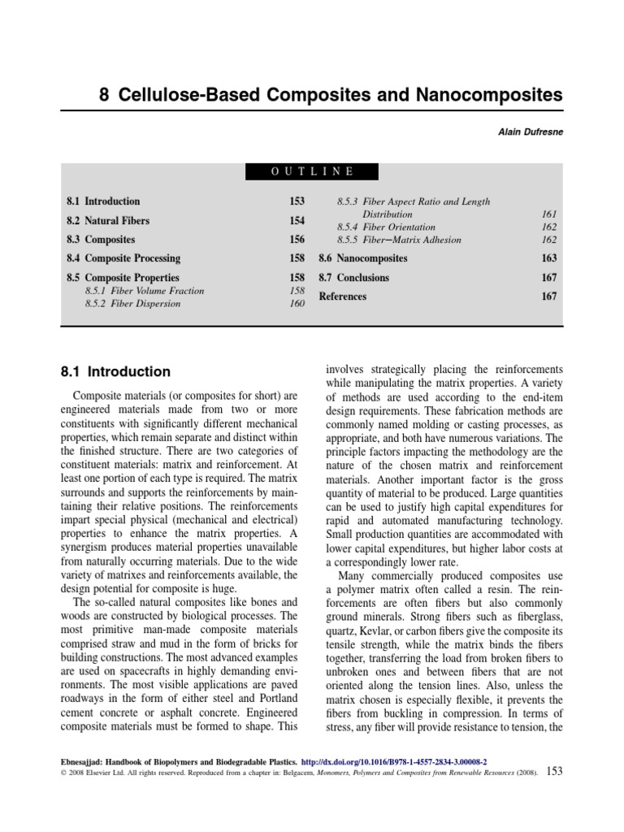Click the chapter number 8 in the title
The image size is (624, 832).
coord(104,95)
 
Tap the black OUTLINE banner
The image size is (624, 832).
coord(311,171)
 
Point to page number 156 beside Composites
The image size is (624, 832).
coord(297,240)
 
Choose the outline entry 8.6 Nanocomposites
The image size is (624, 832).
coord(363,258)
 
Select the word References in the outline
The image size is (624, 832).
coord(342,297)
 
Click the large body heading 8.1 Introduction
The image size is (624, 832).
coord(116,372)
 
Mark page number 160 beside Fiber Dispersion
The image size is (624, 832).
coord(297,304)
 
